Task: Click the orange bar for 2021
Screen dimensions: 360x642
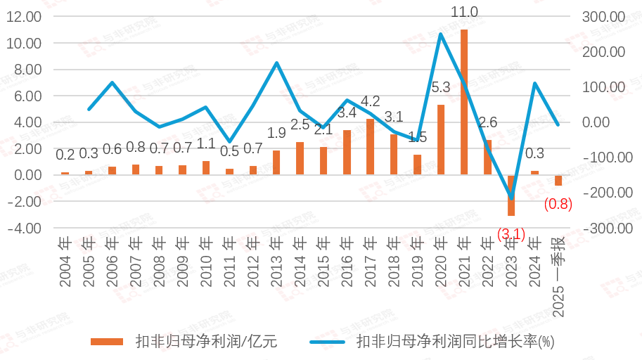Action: coord(464,102)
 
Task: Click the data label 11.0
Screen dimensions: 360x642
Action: coord(464,12)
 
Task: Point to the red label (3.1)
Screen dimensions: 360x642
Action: coord(511,233)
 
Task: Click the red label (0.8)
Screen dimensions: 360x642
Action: coord(558,205)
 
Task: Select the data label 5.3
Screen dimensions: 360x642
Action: coord(441,88)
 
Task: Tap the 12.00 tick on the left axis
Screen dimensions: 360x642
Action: coord(23,17)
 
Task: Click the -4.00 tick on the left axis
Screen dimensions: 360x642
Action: coord(23,228)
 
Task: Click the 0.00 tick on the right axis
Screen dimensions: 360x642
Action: coord(610,122)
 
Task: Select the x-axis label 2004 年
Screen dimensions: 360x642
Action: coord(65,263)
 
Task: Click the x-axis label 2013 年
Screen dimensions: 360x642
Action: coord(276,263)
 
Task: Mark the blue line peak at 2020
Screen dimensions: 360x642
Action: coord(441,34)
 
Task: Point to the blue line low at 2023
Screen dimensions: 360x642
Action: coord(511,198)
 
